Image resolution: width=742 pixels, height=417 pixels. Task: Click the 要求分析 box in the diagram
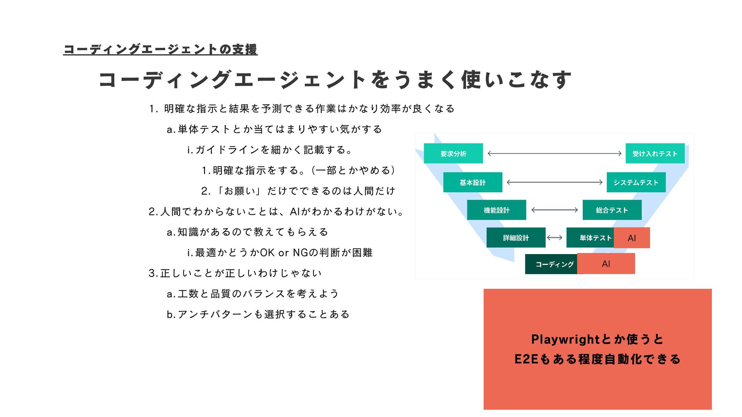click(x=453, y=154)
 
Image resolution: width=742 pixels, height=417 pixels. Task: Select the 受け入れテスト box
click(x=655, y=154)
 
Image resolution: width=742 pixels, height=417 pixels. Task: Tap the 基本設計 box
click(x=472, y=182)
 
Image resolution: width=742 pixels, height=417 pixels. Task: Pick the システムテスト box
click(x=636, y=182)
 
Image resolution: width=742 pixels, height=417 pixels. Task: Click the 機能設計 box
click(x=496, y=210)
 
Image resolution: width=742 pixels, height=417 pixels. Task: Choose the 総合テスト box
click(x=612, y=210)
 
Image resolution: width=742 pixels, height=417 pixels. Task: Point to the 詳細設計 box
click(x=516, y=238)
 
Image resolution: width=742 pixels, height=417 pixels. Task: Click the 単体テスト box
click(x=591, y=238)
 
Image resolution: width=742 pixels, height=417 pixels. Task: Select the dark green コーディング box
click(x=551, y=264)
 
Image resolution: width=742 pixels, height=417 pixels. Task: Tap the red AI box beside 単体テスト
click(x=632, y=238)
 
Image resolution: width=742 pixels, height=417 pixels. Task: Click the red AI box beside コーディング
click(x=606, y=264)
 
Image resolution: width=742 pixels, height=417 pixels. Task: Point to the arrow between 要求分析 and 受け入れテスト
click(x=554, y=154)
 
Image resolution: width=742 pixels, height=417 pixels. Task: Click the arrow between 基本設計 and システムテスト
click(x=554, y=182)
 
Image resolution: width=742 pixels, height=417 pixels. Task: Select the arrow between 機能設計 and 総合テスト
click(x=554, y=210)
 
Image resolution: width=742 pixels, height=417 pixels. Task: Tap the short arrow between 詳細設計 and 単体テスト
click(x=555, y=238)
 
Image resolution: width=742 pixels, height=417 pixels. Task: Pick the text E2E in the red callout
click(x=526, y=359)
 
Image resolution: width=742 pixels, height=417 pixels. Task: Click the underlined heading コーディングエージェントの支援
click(x=160, y=49)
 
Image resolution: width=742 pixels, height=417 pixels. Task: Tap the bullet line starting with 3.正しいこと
click(x=235, y=273)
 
